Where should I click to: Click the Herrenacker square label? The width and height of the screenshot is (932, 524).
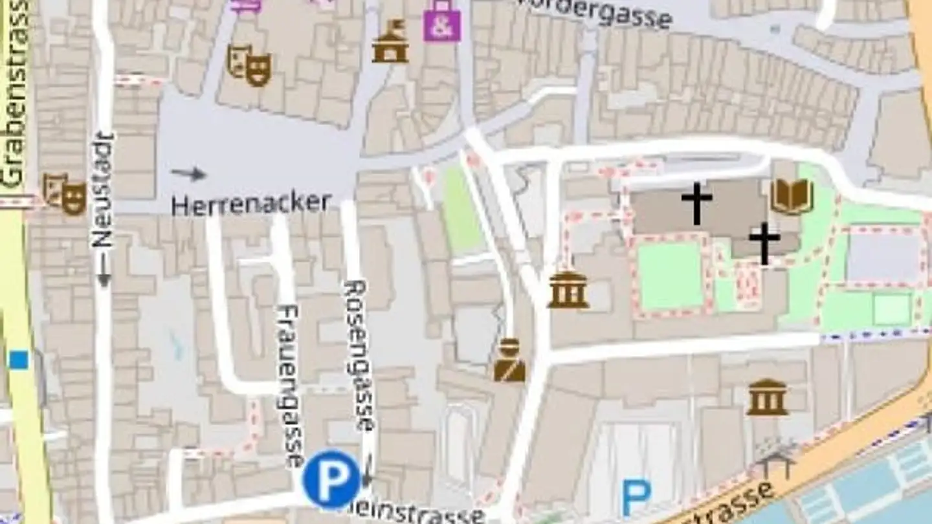pyautogui.click(x=251, y=204)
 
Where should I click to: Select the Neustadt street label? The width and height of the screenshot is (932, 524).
pyautogui.click(x=102, y=191)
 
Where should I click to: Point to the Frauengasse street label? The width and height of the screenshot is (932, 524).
pyautogui.click(x=289, y=385)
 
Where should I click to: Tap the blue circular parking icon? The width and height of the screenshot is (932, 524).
pyautogui.click(x=331, y=479)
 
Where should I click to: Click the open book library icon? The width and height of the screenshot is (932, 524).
pyautogui.click(x=792, y=197)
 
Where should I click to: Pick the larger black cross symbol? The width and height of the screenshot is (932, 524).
pyautogui.click(x=696, y=203)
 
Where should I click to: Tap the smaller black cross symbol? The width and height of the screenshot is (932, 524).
pyautogui.click(x=764, y=243)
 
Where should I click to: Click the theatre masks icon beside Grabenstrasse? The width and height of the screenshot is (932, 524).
pyautogui.click(x=65, y=194)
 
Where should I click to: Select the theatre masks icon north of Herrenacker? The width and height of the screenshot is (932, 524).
pyautogui.click(x=249, y=65)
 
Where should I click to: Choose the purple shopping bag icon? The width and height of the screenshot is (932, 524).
pyautogui.click(x=442, y=21)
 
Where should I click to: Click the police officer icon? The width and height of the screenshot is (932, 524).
pyautogui.click(x=509, y=360)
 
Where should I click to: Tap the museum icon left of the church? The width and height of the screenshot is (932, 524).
pyautogui.click(x=568, y=290)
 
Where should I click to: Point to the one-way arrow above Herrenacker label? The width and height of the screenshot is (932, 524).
pyautogui.click(x=188, y=173)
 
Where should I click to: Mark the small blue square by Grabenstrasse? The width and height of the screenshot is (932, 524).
pyautogui.click(x=19, y=360)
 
